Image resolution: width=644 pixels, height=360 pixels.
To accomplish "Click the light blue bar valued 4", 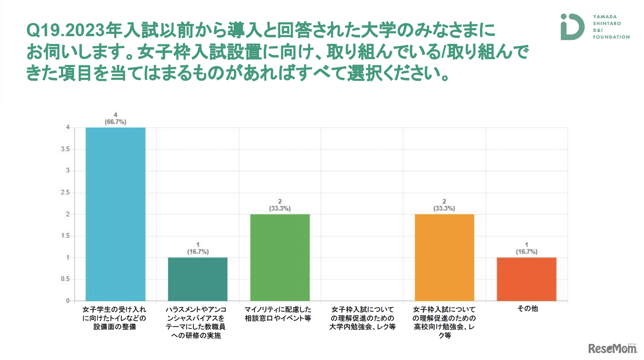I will point(115,214).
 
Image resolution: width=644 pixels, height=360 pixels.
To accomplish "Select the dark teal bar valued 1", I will point(197,279).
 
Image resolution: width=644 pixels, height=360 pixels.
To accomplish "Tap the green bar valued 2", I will point(280,257).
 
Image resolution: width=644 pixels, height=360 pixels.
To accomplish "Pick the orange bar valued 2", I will point(444,257).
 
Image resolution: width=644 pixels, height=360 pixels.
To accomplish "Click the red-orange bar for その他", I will point(526,279).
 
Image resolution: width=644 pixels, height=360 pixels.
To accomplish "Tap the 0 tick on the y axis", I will point(67,301).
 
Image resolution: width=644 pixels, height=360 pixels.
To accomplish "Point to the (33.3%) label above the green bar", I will point(280,209).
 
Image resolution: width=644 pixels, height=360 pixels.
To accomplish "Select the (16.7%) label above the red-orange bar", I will point(526,252).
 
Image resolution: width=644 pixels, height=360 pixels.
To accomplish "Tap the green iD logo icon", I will point(572,26).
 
